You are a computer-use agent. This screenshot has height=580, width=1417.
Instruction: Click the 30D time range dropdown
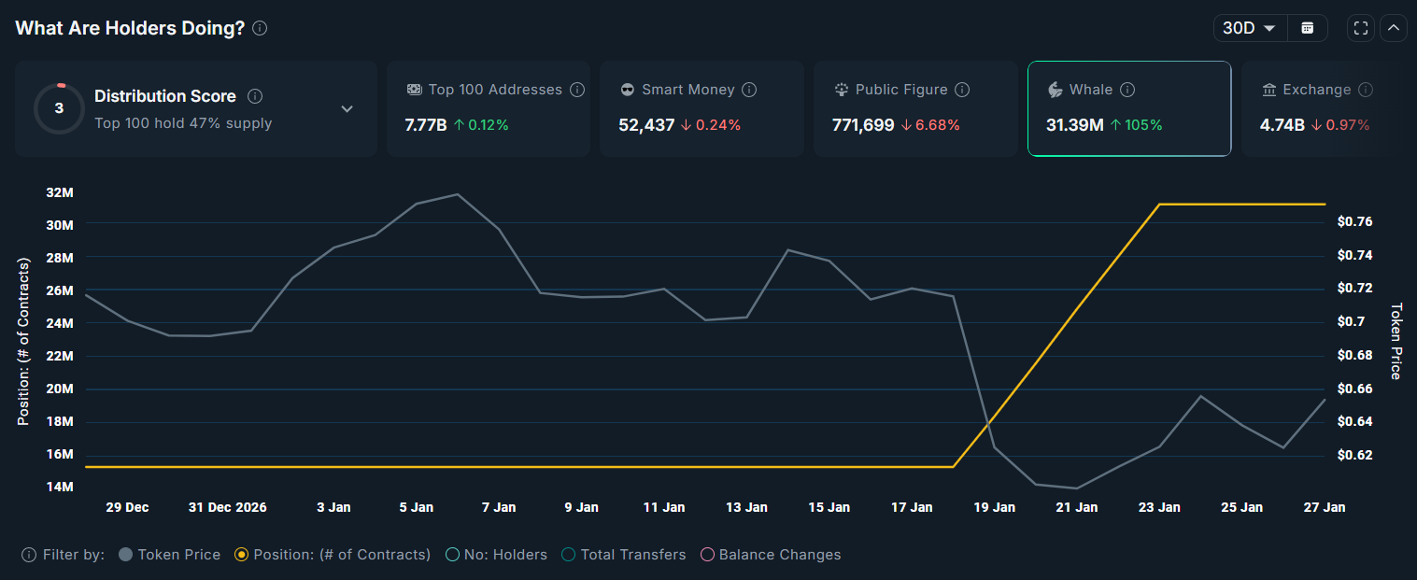[x=1250, y=28]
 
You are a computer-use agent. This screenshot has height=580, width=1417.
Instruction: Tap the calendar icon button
[x=1308, y=28]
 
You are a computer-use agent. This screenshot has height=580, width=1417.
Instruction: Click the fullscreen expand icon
[x=1361, y=28]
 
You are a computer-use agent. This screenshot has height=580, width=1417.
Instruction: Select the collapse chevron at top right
[x=1393, y=28]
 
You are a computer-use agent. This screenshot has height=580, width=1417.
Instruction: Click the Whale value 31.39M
[x=1075, y=125]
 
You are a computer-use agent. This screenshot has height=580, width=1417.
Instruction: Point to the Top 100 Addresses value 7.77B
[x=425, y=125]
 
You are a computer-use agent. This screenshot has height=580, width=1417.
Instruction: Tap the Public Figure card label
[x=901, y=90]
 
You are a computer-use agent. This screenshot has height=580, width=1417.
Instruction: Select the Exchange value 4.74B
[x=1282, y=125]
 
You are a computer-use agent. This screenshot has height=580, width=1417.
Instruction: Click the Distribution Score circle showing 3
[x=59, y=108]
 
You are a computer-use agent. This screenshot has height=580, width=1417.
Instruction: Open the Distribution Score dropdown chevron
[x=347, y=109]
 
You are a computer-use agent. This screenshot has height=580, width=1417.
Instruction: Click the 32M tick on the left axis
[x=59, y=192]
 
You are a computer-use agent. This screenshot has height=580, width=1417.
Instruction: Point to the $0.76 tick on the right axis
[x=1354, y=221]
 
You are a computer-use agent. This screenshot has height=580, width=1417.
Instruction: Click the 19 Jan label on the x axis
[x=994, y=507]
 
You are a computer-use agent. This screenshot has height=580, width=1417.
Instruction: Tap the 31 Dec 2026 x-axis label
[x=227, y=507]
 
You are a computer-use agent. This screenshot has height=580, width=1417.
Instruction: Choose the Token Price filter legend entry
[x=170, y=555]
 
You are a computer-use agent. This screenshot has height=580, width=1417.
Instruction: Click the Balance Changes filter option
[x=771, y=555]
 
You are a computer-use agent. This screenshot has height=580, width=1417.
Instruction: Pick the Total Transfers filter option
[x=624, y=555]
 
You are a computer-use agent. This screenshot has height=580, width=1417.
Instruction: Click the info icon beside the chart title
[x=260, y=28]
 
